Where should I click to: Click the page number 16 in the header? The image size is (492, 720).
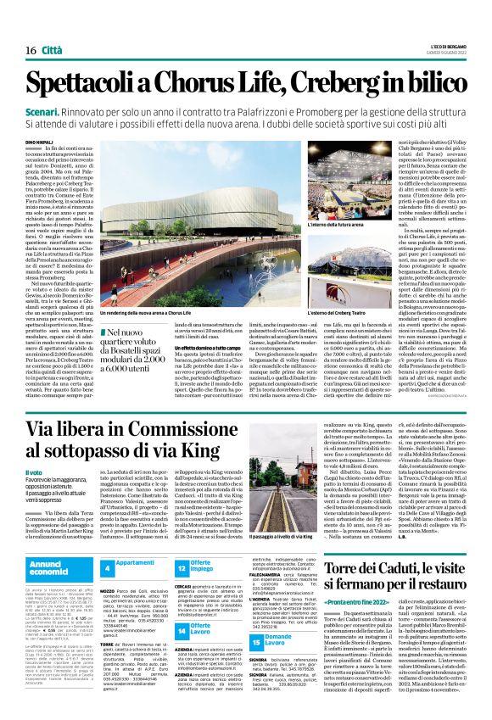20,27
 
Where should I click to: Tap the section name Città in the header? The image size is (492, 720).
52,27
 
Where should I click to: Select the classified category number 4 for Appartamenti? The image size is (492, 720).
107,566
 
